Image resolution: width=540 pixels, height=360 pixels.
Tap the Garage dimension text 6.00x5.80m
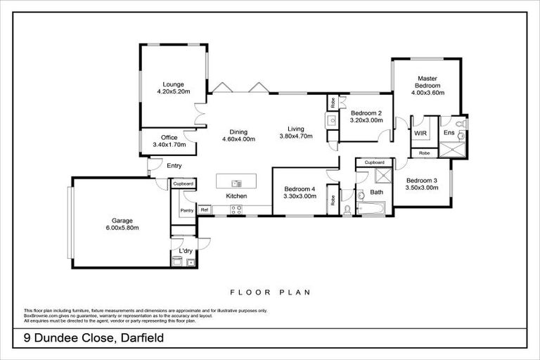[x=122, y=227]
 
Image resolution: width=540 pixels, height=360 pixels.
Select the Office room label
[x=169, y=138]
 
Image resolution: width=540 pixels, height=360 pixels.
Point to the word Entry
[x=174, y=166]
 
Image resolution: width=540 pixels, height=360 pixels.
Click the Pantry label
[x=186, y=210]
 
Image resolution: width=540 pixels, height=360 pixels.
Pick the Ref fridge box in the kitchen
[x=205, y=210]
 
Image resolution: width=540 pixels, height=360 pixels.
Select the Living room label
[x=295, y=129]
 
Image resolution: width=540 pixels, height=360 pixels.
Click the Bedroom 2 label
[x=366, y=113]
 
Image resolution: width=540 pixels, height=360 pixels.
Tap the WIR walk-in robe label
[x=420, y=132]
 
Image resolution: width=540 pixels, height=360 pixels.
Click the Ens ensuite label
[x=448, y=132]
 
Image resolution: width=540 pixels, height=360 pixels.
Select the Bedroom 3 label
[x=422, y=180]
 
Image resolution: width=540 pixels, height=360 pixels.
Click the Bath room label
[x=376, y=192]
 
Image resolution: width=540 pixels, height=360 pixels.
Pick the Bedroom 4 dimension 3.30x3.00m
[x=300, y=196]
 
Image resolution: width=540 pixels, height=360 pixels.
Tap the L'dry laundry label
[x=186, y=251]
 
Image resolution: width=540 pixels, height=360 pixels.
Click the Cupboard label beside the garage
[x=184, y=184]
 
